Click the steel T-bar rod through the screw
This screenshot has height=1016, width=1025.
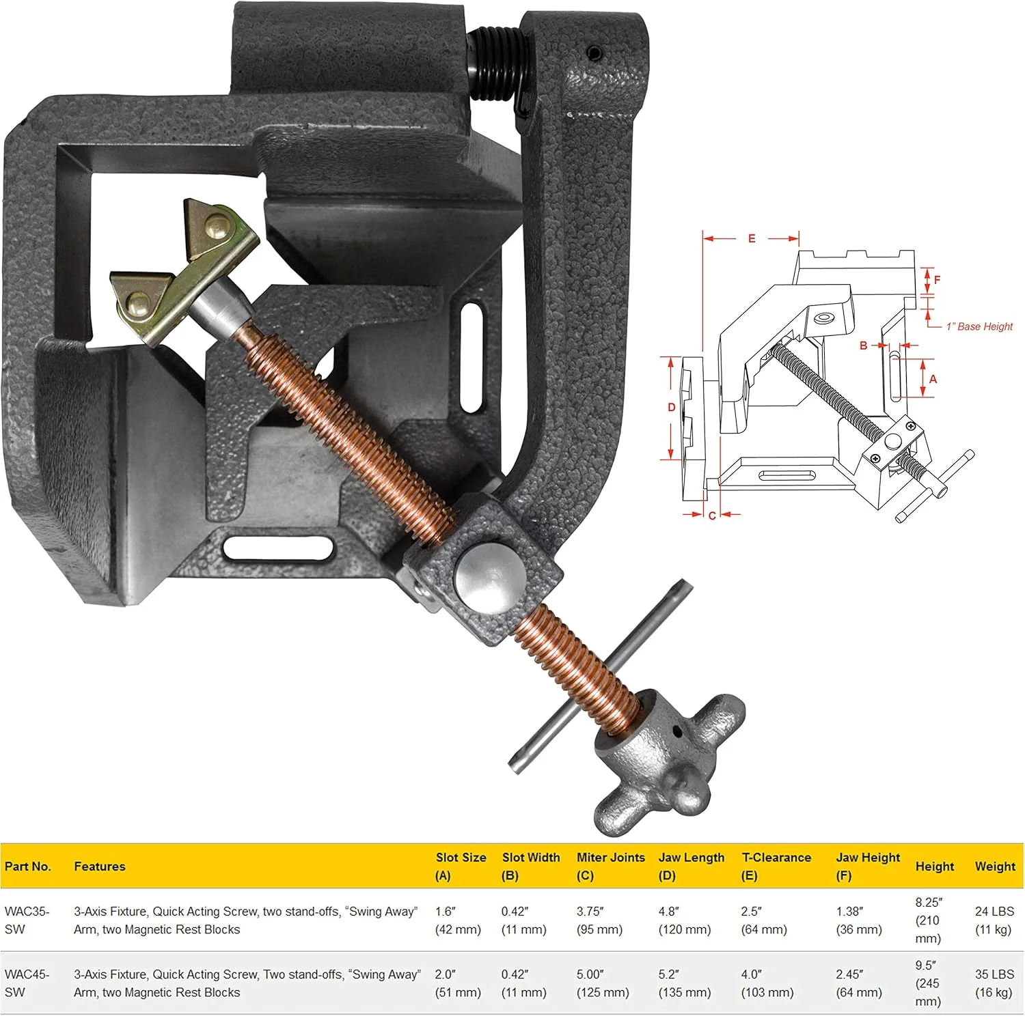pyautogui.click(x=601, y=676)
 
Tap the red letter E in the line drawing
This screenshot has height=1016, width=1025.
pyautogui.click(x=752, y=238)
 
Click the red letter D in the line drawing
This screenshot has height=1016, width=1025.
pyautogui.click(x=671, y=408)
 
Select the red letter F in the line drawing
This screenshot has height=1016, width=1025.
pyautogui.click(x=937, y=280)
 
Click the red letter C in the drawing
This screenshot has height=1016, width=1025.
pyautogui.click(x=712, y=516)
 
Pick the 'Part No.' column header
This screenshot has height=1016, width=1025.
pyautogui.click(x=28, y=866)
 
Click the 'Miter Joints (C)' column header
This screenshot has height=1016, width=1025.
pyautogui.click(x=610, y=866)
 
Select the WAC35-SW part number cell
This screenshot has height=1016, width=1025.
pyautogui.click(x=27, y=920)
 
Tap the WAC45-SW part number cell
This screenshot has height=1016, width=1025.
pyautogui.click(x=27, y=983)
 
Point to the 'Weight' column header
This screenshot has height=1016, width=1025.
pyautogui.click(x=995, y=866)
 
